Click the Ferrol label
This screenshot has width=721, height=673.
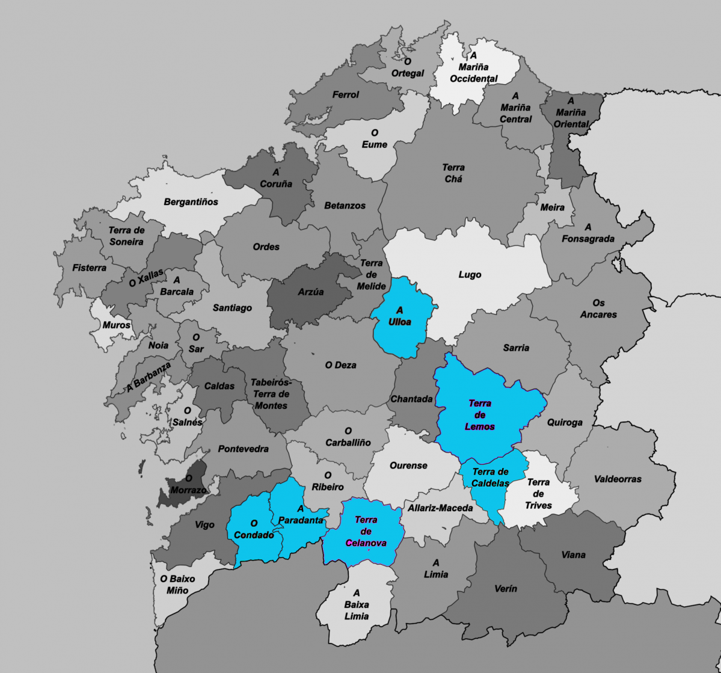click(345, 94)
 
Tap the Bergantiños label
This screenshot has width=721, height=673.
click(191, 202)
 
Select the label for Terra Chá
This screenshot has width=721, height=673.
click(453, 173)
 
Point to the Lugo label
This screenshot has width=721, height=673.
click(470, 275)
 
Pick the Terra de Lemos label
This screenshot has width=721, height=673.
click(480, 415)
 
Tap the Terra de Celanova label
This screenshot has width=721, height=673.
click(366, 531)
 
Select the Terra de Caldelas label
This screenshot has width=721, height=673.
click(490, 478)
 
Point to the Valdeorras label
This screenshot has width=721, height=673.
click(617, 479)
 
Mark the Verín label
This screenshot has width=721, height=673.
click(505, 589)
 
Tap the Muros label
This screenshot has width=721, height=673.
click(116, 325)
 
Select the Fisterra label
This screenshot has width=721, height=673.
click(89, 268)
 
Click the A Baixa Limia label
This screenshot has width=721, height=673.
click(357, 604)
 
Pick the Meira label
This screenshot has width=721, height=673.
click(552, 207)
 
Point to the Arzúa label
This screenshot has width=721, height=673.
click(311, 292)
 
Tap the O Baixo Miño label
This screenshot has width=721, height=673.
click(177, 585)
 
